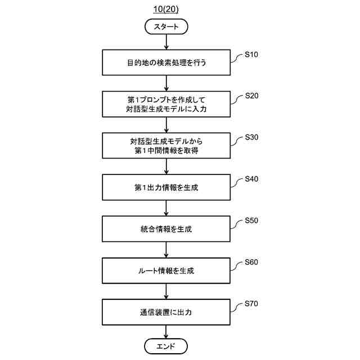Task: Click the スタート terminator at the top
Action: pos(166,26)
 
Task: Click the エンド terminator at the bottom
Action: pos(166,346)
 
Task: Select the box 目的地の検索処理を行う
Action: pos(166,62)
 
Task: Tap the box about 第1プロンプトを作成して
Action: pos(166,104)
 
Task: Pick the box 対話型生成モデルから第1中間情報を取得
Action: pos(166,146)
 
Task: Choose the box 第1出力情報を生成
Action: pos(166,187)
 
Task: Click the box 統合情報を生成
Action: pos(166,229)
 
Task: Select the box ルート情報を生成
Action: pos(166,271)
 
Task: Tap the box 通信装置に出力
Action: pos(166,312)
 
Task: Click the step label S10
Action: pos(251,55)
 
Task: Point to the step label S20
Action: pos(251,96)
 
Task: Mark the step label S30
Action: pos(251,138)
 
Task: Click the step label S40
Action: pos(251,179)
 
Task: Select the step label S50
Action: pos(251,221)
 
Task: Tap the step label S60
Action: pos(251,263)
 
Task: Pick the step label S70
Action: pos(251,304)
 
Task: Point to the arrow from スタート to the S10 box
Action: pos(166,42)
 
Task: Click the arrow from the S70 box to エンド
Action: pos(166,332)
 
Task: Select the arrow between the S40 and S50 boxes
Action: pos(166,208)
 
